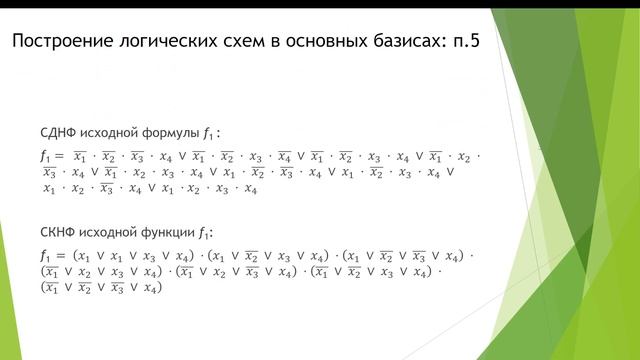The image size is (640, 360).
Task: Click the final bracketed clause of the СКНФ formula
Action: pyautogui.click(x=100, y=289)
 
